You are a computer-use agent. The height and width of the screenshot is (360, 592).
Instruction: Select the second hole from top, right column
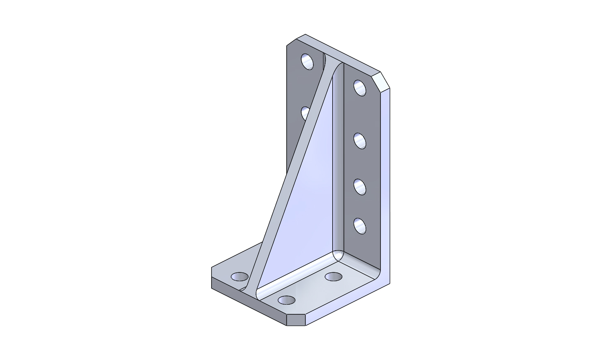pos(360,140)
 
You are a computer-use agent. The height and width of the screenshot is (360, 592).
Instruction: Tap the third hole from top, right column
pos(360,186)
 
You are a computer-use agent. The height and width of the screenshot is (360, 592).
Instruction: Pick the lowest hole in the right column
pos(360,225)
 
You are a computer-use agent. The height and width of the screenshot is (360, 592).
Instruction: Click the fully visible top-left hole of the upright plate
pos(308,61)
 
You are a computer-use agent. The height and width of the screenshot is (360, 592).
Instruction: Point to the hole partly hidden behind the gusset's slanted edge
pos(305,112)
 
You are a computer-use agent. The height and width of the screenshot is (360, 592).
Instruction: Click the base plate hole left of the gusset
pos(240,277)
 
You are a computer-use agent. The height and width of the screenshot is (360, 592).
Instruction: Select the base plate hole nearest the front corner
pos(287,300)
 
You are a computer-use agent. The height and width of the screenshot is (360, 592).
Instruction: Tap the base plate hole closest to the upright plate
pos(334,277)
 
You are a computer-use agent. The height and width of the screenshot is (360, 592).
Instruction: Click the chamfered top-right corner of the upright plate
pos(382,82)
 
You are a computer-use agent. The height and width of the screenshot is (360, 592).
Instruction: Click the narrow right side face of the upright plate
pos(387,189)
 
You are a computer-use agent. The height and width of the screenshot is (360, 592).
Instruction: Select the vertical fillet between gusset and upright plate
pos(336,168)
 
